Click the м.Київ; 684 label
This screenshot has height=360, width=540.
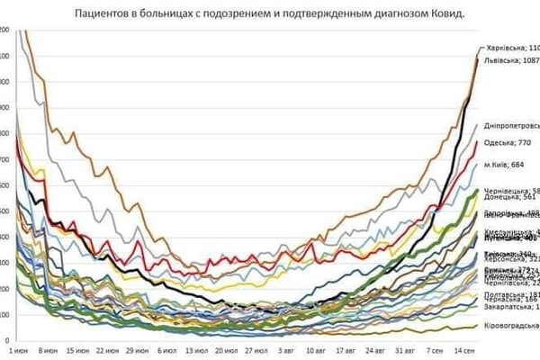[505, 166]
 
